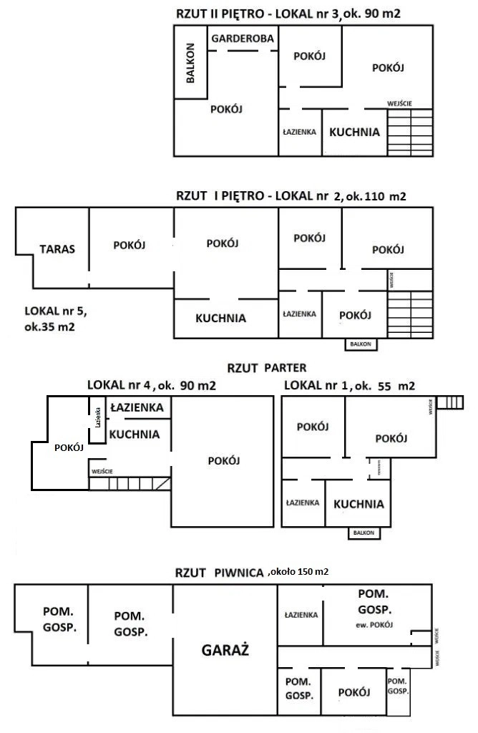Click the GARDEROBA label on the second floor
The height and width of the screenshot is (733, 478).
click(242, 39)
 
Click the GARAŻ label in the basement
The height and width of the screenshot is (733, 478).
click(225, 651)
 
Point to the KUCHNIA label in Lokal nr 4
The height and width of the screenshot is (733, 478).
click(135, 434)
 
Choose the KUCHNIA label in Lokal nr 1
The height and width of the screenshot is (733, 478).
click(358, 503)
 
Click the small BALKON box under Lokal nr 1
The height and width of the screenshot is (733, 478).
click(365, 533)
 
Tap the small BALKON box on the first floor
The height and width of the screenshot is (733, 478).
click(361, 344)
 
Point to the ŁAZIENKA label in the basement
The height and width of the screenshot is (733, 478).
click(301, 614)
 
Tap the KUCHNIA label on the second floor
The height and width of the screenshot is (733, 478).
click(354, 132)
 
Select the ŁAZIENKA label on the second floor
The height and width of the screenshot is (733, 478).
click(300, 132)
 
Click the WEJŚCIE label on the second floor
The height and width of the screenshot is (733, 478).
click(399, 103)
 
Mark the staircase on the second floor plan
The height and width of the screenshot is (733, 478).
click(409, 132)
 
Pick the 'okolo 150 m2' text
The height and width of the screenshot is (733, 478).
click(298, 572)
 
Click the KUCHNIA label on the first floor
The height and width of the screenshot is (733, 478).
click(220, 318)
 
